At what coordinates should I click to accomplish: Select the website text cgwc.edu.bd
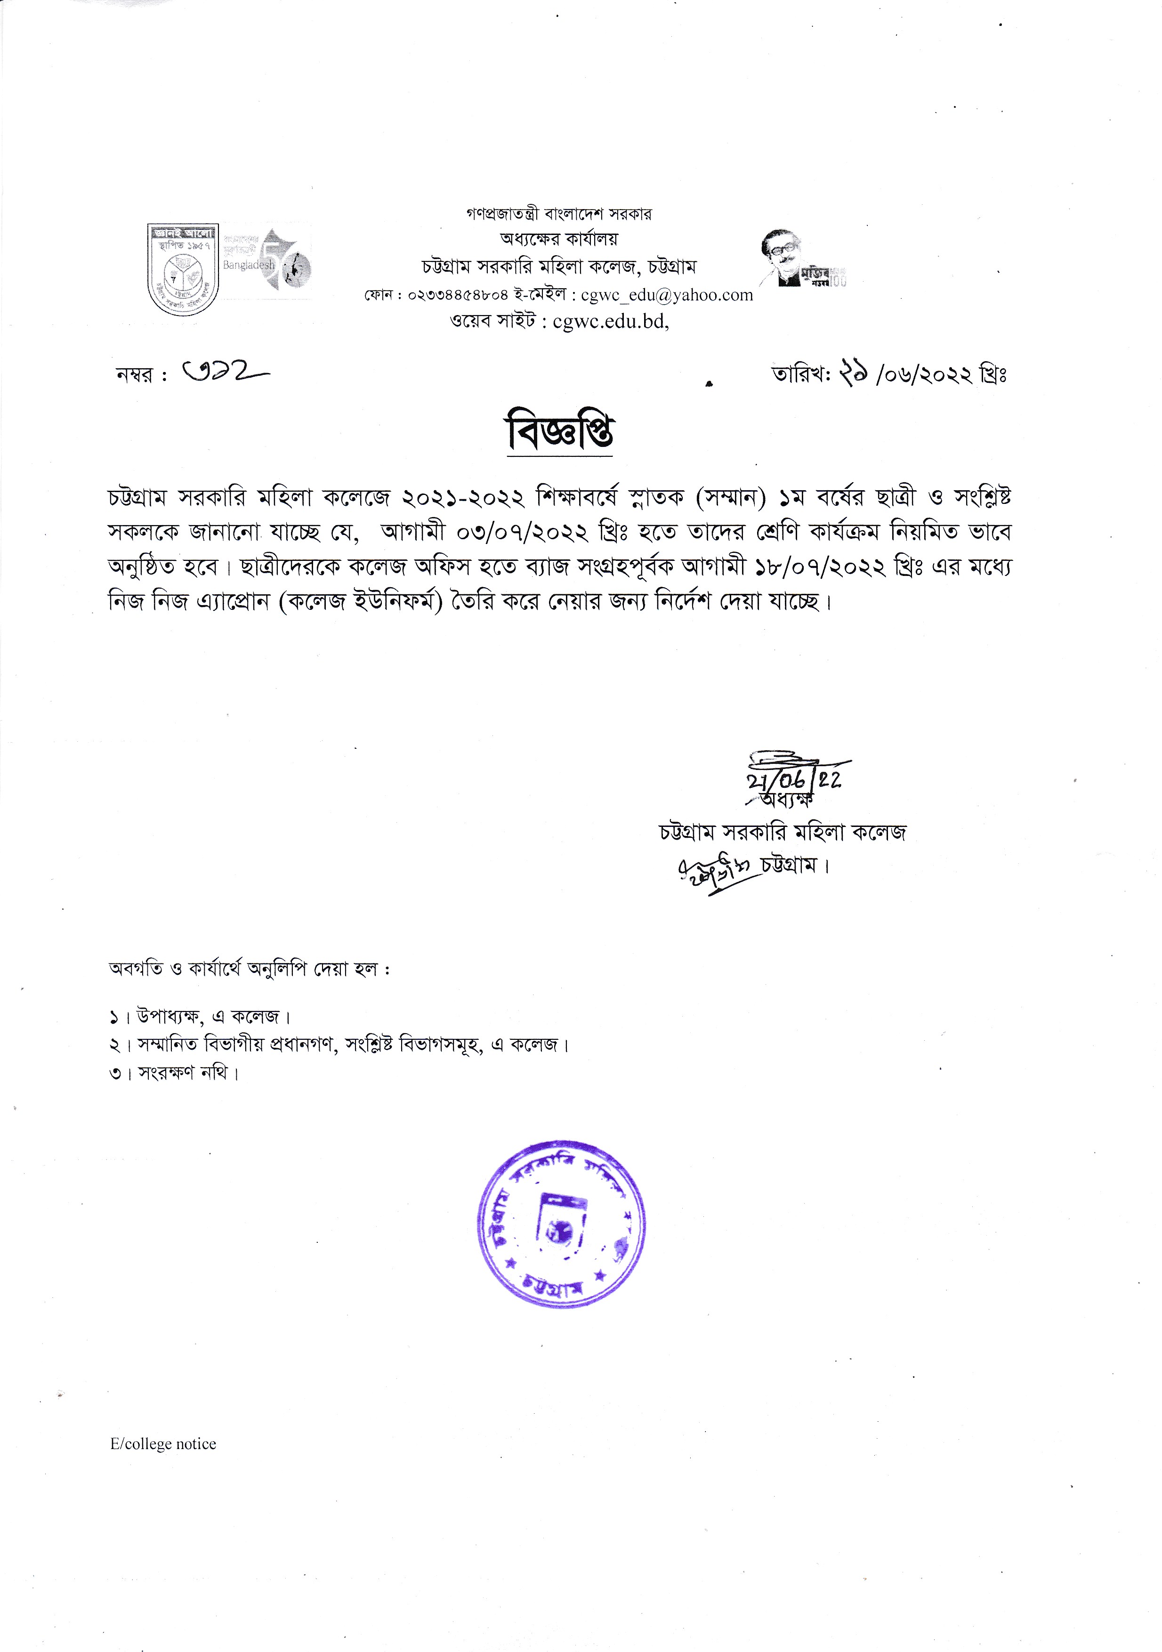point(610,322)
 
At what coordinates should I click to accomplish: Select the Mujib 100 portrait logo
point(801,259)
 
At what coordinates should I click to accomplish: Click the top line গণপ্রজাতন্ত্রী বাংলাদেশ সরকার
point(558,214)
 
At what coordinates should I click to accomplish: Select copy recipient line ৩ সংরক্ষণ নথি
point(174,1073)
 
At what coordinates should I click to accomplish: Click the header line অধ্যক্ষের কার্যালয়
point(558,238)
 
